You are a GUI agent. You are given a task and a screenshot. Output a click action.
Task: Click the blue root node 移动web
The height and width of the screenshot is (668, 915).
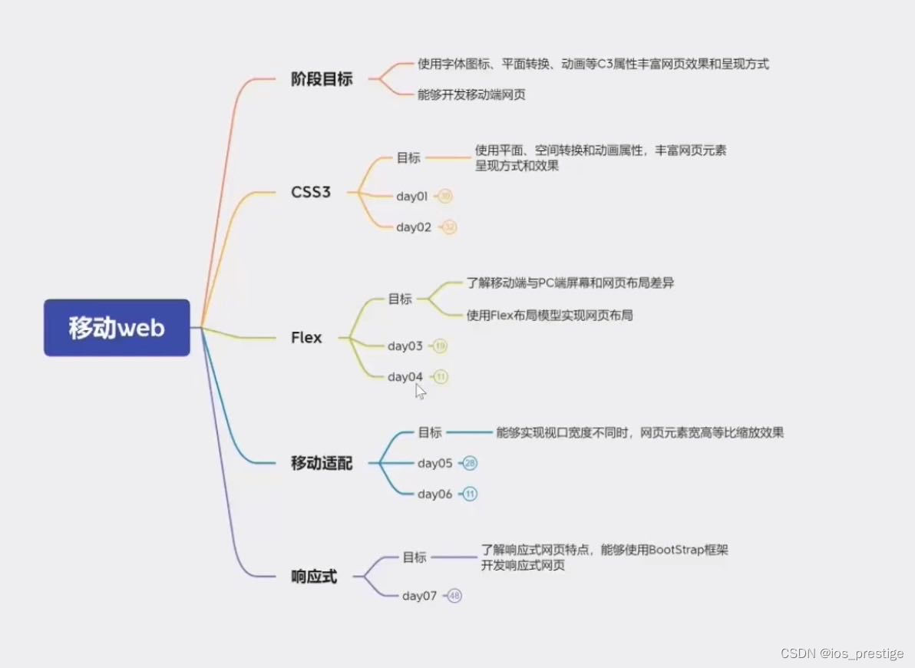click(117, 328)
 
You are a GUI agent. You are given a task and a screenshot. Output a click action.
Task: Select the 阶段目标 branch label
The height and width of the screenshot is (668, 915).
click(322, 79)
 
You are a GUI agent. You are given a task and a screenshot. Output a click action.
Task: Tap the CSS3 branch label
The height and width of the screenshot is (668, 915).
click(311, 192)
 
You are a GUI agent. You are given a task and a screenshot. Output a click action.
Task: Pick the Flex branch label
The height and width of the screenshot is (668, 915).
click(306, 338)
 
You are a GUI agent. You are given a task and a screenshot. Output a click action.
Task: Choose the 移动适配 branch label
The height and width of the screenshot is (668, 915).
click(322, 463)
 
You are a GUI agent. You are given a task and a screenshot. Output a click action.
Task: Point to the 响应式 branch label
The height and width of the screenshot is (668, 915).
click(314, 577)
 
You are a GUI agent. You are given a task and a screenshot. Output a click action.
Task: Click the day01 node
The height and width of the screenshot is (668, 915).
click(412, 197)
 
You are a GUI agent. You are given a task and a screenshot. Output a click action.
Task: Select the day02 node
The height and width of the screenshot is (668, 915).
click(414, 227)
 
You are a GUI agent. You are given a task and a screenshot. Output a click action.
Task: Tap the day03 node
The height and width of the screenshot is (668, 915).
click(405, 346)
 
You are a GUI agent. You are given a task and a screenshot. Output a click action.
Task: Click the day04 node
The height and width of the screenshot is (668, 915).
click(405, 377)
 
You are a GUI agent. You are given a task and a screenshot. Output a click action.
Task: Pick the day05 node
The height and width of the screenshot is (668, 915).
click(435, 463)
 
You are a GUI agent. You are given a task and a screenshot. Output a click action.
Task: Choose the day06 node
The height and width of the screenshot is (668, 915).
click(435, 494)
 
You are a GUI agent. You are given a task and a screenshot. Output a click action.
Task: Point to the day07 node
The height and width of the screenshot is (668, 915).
click(419, 596)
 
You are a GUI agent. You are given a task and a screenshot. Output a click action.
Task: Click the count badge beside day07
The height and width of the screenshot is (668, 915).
click(454, 596)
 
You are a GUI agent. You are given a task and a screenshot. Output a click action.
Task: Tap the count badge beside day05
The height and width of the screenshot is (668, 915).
click(471, 463)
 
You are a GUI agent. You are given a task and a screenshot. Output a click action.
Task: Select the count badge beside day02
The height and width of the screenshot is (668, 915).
click(449, 227)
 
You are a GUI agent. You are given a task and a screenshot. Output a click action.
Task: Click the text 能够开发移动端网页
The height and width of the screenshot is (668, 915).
click(471, 95)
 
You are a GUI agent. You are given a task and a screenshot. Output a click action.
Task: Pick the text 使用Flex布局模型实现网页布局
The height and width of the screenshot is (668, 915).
click(550, 316)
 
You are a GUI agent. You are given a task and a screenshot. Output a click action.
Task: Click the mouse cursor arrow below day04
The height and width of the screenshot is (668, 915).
click(420, 391)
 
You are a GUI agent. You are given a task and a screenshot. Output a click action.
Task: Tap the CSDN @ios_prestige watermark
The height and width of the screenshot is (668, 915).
click(842, 653)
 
